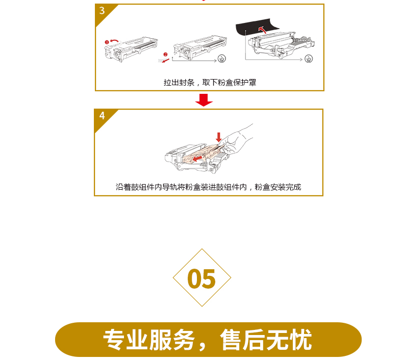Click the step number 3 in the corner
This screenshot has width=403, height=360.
tap(102, 11)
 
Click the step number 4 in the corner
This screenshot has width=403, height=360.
tap(102, 116)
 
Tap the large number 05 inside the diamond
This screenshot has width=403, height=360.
tap(202, 279)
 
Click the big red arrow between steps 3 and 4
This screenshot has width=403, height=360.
tap(204, 100)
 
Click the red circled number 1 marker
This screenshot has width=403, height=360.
tap(107, 42)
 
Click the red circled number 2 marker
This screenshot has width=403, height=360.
tap(165, 55)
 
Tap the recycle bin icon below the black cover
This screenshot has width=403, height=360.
tap(309, 59)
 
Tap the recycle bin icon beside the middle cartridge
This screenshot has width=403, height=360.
tap(221, 59)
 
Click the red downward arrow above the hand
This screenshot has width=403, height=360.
tap(219, 137)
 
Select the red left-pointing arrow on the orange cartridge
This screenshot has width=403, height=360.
tap(197, 158)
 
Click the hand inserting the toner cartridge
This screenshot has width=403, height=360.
tap(237, 140)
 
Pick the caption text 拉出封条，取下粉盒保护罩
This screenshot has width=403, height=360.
tap(210, 83)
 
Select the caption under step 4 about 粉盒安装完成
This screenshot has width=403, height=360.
tap(208, 187)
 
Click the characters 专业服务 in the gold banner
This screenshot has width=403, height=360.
tap(149, 340)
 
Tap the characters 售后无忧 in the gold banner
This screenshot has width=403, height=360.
tap(266, 340)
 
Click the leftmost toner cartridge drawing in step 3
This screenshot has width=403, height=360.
tap(131, 49)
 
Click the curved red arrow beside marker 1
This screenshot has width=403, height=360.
tap(115, 41)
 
